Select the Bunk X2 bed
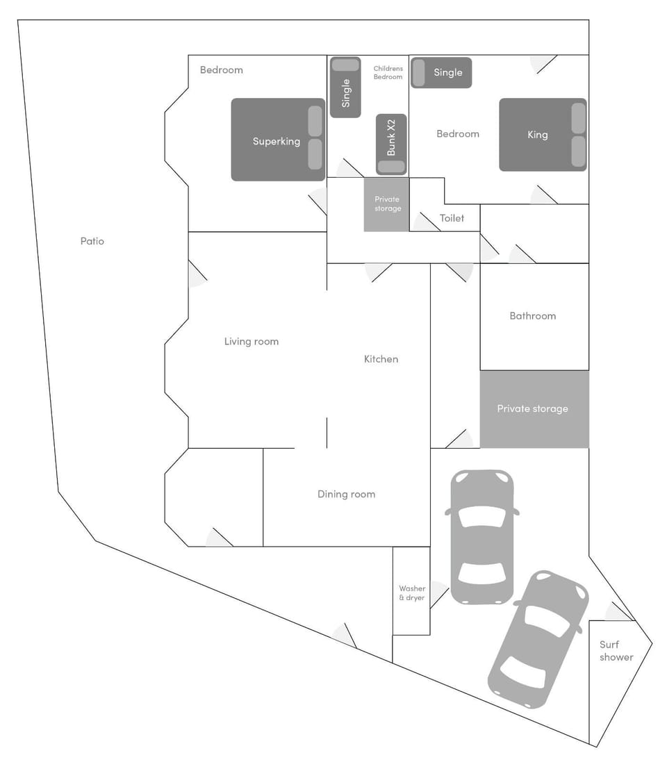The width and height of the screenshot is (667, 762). point(391,144)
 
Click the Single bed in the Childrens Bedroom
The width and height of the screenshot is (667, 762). point(345,87)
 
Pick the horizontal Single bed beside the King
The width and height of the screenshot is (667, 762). point(441,72)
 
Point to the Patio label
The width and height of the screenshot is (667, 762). point(92,241)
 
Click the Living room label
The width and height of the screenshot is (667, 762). point(251,341)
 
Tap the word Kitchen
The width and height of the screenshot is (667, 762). point(381,359)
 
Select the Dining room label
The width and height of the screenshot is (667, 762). point(346,494)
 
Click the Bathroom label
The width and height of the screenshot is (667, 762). point(533,315)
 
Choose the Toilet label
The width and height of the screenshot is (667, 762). point(452,218)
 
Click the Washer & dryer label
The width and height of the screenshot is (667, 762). point(412,593)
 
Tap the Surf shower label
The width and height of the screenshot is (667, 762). point(616,651)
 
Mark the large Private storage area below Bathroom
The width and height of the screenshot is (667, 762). point(534,408)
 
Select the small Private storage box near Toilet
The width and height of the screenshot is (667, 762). point(387,204)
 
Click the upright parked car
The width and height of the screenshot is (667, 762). point(481,536)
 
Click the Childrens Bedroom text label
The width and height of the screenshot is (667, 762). point(388,72)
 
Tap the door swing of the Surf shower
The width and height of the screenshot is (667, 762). point(618,612)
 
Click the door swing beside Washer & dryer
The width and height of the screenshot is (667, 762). point(438,594)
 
